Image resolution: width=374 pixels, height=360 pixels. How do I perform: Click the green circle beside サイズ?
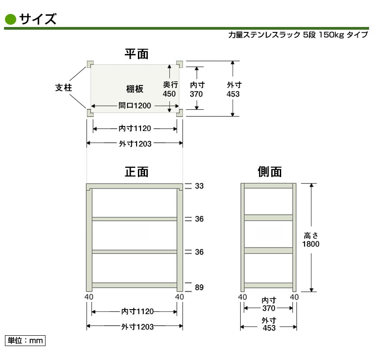[10, 19]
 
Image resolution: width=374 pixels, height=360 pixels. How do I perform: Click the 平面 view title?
[137, 54]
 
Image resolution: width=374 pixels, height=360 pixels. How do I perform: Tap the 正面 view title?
[137, 172]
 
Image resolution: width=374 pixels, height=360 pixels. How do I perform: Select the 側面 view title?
[269, 172]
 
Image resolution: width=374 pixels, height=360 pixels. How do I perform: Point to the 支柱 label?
[64, 88]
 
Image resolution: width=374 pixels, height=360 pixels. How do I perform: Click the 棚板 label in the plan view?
[135, 89]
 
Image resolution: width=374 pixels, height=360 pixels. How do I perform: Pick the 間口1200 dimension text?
[135, 106]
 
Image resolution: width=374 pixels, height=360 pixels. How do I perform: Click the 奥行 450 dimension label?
[170, 89]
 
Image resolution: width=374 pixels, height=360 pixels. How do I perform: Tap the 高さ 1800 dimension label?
[311, 240]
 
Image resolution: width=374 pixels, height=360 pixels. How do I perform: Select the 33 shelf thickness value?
[199, 186]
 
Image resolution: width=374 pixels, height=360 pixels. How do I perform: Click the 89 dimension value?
[199, 288]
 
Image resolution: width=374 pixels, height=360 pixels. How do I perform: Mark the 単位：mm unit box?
[25, 341]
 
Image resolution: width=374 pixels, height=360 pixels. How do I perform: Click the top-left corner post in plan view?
[90, 64]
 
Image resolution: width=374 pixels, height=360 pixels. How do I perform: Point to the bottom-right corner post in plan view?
[180, 113]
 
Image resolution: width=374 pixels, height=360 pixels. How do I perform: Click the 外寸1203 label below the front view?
[137, 327]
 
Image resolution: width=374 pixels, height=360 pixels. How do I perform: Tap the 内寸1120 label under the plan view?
[135, 128]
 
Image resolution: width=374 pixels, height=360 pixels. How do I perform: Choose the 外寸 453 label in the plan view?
[234, 90]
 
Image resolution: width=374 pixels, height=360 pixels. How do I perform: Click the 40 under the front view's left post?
[89, 297]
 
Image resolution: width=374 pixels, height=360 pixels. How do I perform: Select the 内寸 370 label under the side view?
[269, 304]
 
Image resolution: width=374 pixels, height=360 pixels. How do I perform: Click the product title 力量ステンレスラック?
[265, 35]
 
